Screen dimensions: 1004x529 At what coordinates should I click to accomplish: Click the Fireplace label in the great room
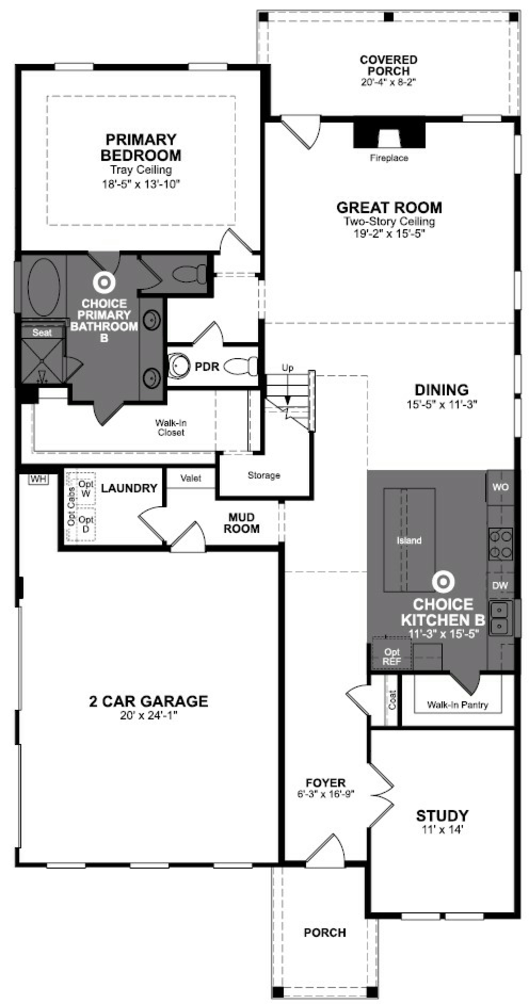pyautogui.click(x=389, y=158)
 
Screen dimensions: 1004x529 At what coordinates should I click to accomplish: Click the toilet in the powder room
pyautogui.click(x=241, y=366)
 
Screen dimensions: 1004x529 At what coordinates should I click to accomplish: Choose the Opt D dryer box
pyautogui.click(x=86, y=524)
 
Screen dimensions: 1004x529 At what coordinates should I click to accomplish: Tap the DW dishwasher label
pyautogui.click(x=500, y=585)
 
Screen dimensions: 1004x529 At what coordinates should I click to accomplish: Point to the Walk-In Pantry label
pyautogui.click(x=457, y=705)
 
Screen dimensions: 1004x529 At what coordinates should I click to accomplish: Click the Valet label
pyautogui.click(x=191, y=478)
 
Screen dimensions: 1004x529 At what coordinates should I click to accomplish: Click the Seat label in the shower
pyautogui.click(x=42, y=333)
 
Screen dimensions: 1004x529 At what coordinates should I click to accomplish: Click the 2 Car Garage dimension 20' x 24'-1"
pyautogui.click(x=149, y=716)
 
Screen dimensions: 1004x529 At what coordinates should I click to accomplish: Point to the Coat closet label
pyautogui.click(x=392, y=700)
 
